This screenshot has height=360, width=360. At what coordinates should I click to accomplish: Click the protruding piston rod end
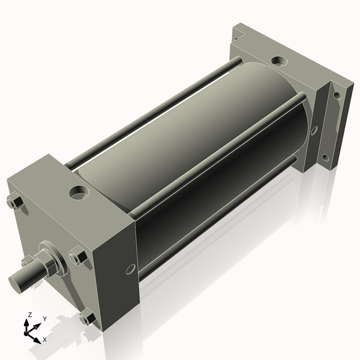tap(22, 281)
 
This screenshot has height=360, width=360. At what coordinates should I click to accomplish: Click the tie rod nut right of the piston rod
tap(77, 257)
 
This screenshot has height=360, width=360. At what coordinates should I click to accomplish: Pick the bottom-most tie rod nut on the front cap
tap(86, 317)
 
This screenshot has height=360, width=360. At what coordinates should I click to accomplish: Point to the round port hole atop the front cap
tap(79, 193)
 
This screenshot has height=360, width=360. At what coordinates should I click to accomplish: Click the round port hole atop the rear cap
tap(279, 61)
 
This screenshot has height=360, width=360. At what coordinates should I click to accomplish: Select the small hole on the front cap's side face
tap(130, 269)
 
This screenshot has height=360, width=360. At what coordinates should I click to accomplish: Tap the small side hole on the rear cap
tap(314, 131)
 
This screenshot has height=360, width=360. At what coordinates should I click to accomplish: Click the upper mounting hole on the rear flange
tap(337, 95)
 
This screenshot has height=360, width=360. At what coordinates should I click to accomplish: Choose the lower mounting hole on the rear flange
tap(325, 158)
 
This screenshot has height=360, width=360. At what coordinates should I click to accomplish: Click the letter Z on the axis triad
tap(29, 314)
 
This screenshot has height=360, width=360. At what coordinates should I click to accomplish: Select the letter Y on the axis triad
tap(44, 319)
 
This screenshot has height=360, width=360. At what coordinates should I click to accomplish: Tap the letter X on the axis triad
tap(45, 340)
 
